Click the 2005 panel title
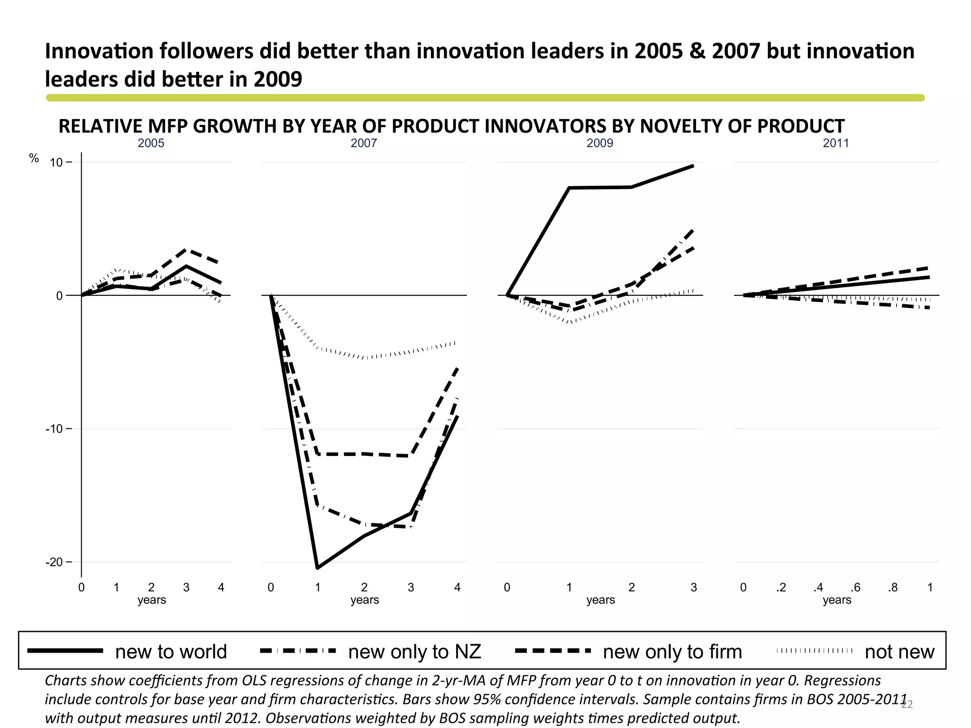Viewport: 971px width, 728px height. coord(151,143)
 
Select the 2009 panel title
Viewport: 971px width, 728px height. coord(600,143)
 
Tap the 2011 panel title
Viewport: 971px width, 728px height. coord(836,143)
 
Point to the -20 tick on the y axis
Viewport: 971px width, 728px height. coord(54,562)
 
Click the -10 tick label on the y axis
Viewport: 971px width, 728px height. coord(54,429)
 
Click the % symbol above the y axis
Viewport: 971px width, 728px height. coord(34,158)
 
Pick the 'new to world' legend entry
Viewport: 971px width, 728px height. coord(171,652)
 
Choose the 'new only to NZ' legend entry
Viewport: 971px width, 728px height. coord(414,652)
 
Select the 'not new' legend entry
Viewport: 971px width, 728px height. coord(899,652)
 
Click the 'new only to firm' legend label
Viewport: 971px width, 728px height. coord(672,652)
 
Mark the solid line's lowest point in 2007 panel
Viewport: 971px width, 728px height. coord(317,567)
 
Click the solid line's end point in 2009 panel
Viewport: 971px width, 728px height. coord(693,166)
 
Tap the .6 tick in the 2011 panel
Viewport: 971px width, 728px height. coord(855,588)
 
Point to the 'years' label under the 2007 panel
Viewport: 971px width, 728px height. coord(364,600)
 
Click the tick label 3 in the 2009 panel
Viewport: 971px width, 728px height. coord(694,588)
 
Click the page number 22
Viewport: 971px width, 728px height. coord(907,705)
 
